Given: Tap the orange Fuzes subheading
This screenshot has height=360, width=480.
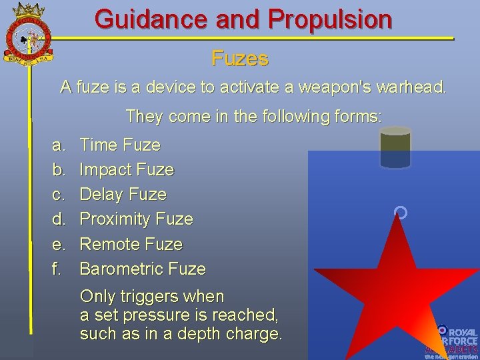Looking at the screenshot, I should point(240,59).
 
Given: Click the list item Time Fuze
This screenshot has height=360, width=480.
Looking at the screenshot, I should point(120,145).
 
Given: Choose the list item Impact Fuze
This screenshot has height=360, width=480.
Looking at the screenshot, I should point(127,169).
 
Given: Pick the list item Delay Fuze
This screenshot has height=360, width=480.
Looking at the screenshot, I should point(123,194).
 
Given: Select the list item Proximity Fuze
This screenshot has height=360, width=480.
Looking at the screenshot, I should point(136,219).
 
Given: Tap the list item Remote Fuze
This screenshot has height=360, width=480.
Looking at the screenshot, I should point(131,244).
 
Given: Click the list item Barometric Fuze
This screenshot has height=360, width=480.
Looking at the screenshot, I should point(143,269).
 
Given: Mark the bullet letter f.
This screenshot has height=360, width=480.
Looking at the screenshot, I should point(57,269).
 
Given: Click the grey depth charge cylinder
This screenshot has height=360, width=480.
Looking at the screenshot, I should point(395,148).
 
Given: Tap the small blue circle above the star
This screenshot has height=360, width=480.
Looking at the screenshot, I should point(400,213).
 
